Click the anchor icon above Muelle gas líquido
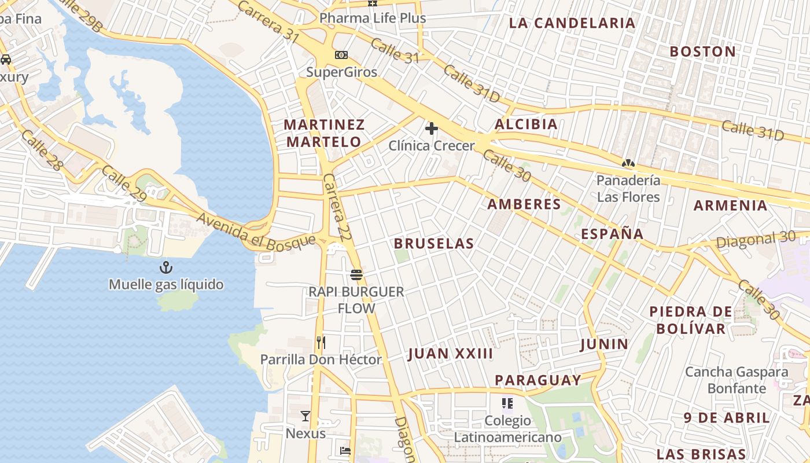pos(166,267)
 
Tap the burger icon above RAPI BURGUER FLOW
pos(356,274)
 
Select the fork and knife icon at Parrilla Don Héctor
pos(321,343)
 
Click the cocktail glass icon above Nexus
pos(305,416)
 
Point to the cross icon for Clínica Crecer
pos(431,128)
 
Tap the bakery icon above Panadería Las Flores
pos(628,163)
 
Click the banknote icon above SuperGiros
pos(341,55)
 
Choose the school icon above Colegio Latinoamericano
pos(507,403)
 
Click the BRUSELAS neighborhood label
pos(434,244)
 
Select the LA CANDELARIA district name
pos(572,23)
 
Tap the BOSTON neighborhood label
pos(702,52)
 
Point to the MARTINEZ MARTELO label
pos(324,133)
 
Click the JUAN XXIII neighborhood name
pos(450,354)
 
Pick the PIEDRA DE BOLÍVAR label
pos(691,320)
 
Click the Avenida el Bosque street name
pos(256,233)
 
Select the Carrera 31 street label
pos(268,21)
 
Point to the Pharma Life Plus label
pos(373,18)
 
